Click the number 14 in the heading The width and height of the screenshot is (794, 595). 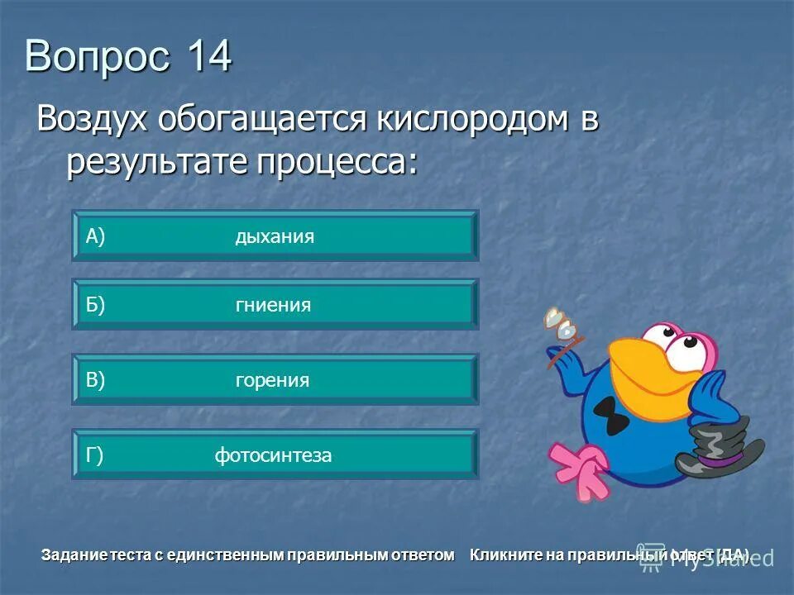(x=209, y=58)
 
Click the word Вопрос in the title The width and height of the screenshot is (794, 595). (x=98, y=58)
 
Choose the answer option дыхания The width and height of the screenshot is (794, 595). (x=275, y=237)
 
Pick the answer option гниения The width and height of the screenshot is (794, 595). (x=273, y=306)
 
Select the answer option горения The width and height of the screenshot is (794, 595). (x=272, y=380)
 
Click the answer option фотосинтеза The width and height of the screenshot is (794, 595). (x=273, y=455)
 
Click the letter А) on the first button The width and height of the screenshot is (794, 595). (x=96, y=237)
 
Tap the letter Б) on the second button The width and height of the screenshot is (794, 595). (x=96, y=306)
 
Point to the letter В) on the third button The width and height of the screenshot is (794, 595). (x=96, y=380)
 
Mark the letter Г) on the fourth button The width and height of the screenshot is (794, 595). (x=94, y=455)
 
